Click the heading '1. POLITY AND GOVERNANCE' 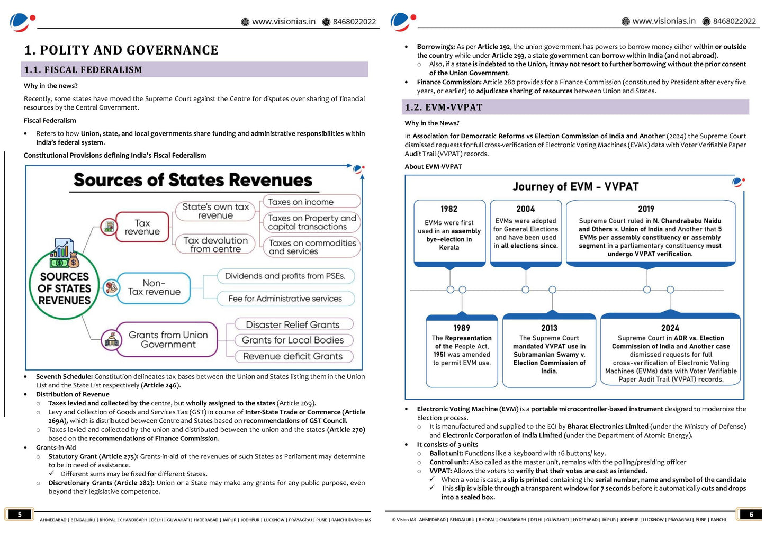121,50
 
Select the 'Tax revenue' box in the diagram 142,227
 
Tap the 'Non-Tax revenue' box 154,287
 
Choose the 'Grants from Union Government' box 168,339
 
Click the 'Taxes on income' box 311,202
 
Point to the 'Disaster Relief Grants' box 293,324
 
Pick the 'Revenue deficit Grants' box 293,356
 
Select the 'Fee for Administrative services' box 285,299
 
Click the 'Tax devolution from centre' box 215,244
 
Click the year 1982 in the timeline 449,209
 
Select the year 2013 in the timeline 549,328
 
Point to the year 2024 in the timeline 670,328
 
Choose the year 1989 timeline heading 462,328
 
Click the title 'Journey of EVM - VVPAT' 575,186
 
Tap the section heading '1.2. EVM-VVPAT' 444,107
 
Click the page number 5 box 20,514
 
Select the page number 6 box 751,514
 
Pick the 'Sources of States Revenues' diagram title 193,180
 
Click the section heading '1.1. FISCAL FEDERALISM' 83,70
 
